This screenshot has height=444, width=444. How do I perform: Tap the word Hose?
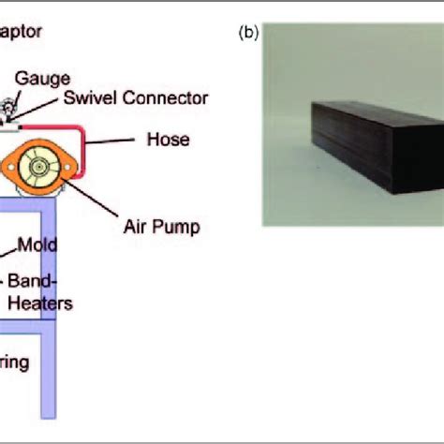pos(169,140)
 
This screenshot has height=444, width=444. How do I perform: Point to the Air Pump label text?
pos(160,227)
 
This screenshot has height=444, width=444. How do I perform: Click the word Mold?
pos(40,245)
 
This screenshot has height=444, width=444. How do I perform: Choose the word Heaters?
pos(39,303)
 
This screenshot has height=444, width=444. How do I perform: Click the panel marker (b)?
pos(249,33)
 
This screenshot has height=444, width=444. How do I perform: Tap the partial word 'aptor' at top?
pos(21,30)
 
